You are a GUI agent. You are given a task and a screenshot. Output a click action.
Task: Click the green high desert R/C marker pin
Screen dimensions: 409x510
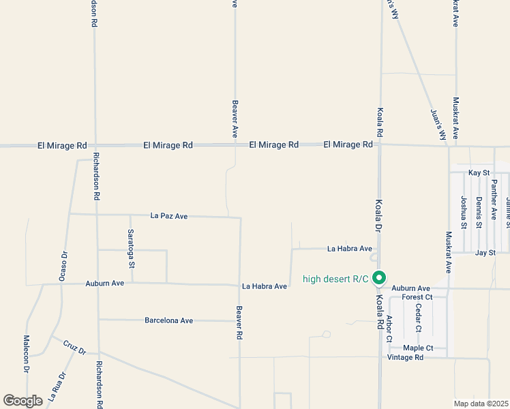coord(380,278)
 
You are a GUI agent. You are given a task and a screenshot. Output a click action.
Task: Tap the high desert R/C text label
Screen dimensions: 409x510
coord(335,279)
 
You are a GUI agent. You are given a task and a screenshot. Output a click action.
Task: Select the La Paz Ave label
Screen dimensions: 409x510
coord(168,216)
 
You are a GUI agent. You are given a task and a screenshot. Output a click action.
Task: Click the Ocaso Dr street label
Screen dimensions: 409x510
coord(63,267)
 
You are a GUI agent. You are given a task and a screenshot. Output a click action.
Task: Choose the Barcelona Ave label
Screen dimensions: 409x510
coord(168,320)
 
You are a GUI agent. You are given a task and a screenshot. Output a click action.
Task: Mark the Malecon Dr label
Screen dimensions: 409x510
coord(27,354)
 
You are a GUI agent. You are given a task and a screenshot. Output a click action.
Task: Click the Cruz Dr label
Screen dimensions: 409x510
coord(74,346)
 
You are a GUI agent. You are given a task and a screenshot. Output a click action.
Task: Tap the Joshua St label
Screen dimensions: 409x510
coord(464,212)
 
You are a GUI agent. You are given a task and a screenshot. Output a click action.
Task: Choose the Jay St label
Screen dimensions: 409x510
coord(485,252)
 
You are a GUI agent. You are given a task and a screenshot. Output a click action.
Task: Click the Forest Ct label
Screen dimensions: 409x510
coord(417,297)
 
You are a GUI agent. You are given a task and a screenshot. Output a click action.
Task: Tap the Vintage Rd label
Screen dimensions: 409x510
coord(405,357)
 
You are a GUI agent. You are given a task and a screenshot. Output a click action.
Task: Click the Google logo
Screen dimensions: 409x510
coord(22,401)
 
